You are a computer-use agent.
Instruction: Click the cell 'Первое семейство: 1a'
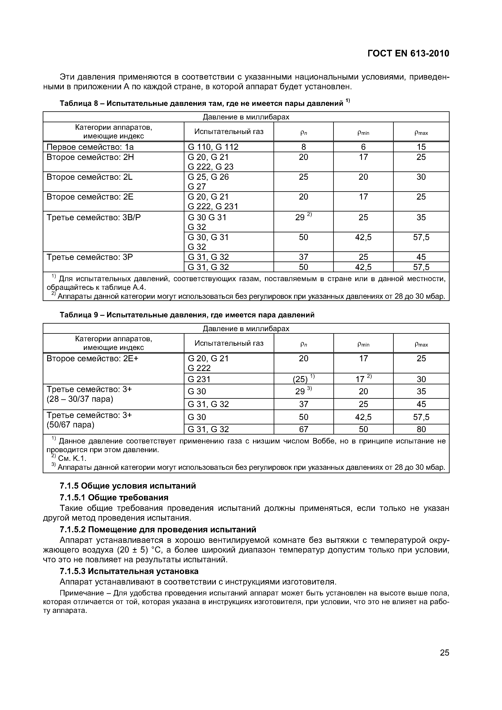pos(90,147)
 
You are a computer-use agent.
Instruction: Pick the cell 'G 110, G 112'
pos(213,147)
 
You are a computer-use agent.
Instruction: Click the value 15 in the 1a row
pos(421,147)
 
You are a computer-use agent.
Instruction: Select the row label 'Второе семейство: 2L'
pos(89,177)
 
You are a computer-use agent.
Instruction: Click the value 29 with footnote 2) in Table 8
pos(303,217)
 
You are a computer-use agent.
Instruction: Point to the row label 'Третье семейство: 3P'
pos(89,257)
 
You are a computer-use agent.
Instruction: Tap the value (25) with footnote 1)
pos(303,379)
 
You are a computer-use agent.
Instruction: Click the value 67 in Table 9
pos(303,429)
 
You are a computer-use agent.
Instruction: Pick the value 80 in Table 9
pos(421,429)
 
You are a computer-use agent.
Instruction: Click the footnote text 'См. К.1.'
pos(72,458)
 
